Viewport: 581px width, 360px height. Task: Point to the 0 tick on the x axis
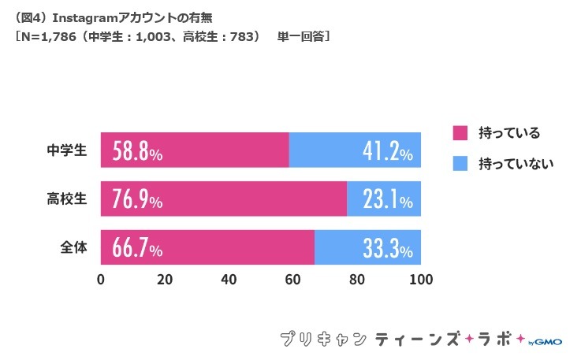101,280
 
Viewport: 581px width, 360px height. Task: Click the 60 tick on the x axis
293,280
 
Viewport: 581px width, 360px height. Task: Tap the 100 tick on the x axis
421,280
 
